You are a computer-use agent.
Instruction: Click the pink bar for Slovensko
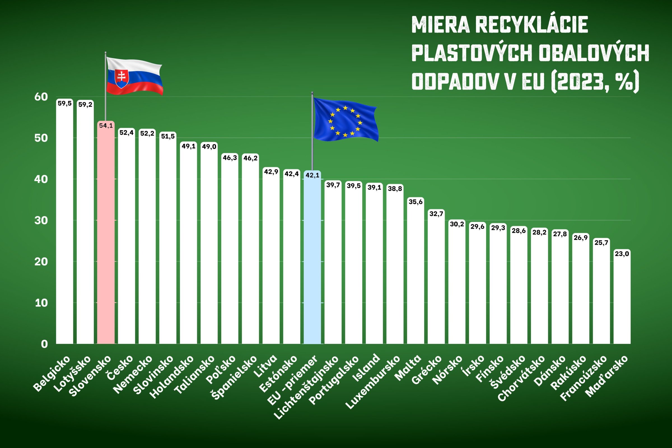click(x=106, y=234)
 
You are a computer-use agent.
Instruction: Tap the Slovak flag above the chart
click(x=134, y=76)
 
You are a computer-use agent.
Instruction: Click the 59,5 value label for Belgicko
click(x=65, y=103)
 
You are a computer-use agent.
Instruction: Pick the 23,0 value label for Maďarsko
click(x=622, y=253)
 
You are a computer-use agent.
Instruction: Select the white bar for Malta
click(x=416, y=271)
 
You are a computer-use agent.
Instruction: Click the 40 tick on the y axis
click(x=41, y=179)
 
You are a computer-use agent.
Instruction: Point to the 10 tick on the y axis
click(x=41, y=303)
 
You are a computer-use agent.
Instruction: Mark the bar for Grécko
click(x=436, y=277)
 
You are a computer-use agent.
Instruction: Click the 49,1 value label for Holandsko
click(x=188, y=146)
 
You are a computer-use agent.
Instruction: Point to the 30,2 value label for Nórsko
click(x=457, y=224)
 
